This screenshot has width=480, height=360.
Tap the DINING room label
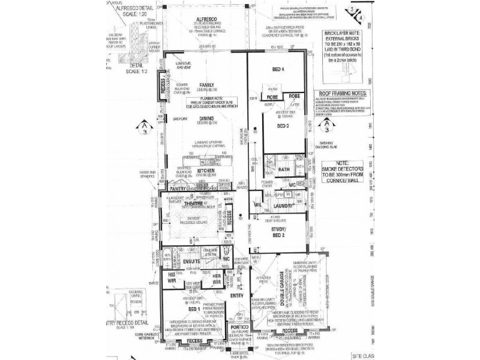[x=206, y=119]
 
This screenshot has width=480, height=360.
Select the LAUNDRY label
[x=283, y=206]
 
